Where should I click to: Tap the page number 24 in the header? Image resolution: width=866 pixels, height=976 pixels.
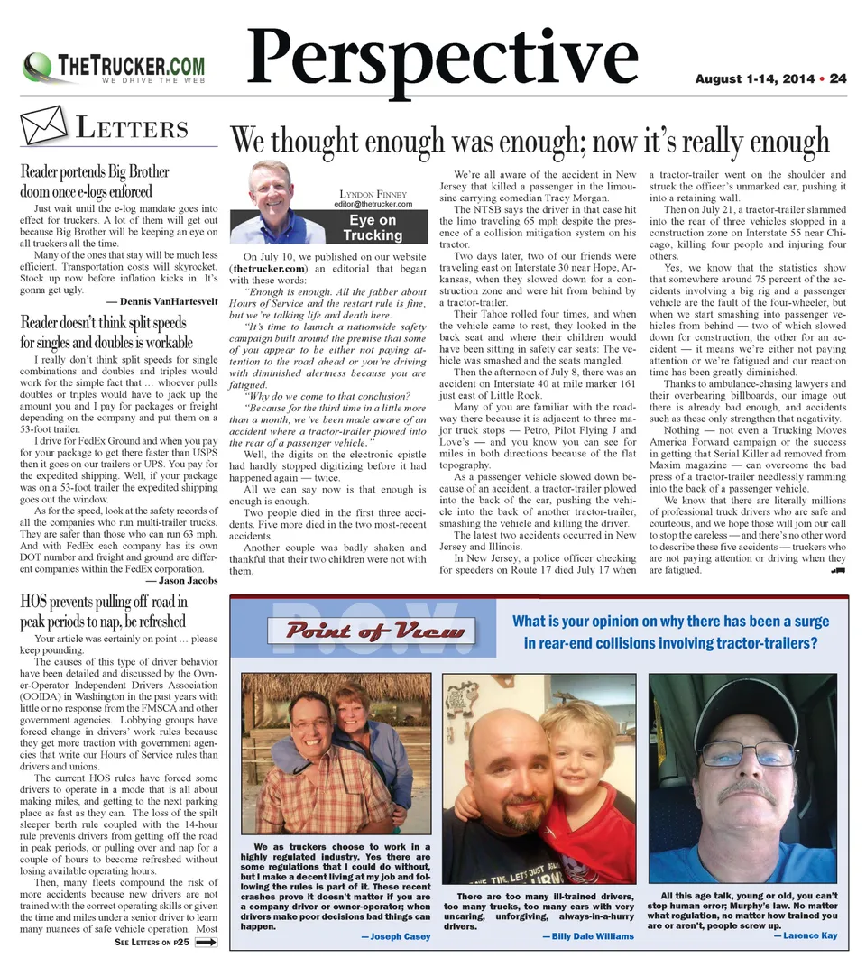click(x=838, y=79)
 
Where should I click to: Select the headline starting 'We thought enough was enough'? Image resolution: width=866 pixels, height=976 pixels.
click(x=529, y=140)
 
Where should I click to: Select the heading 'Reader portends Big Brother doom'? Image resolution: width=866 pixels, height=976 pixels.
click(x=94, y=180)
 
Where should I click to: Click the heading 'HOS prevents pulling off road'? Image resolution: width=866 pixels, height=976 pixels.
click(x=103, y=612)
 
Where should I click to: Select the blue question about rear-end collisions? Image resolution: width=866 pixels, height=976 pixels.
click(x=670, y=631)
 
